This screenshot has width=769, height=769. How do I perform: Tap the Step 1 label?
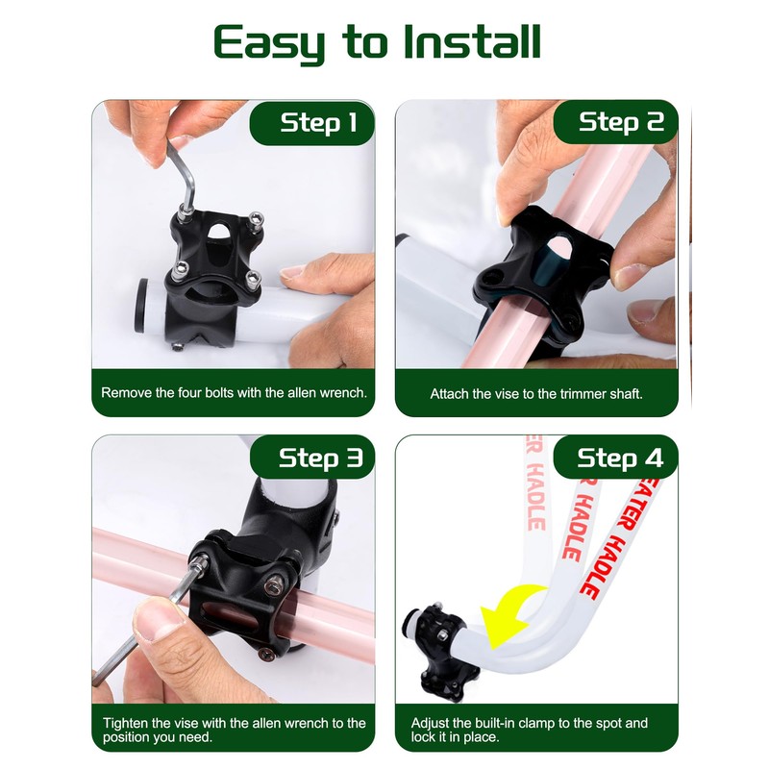point(318,122)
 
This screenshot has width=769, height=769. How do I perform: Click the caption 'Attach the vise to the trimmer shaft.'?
point(535,393)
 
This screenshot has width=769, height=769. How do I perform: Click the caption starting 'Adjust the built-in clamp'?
point(530,730)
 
